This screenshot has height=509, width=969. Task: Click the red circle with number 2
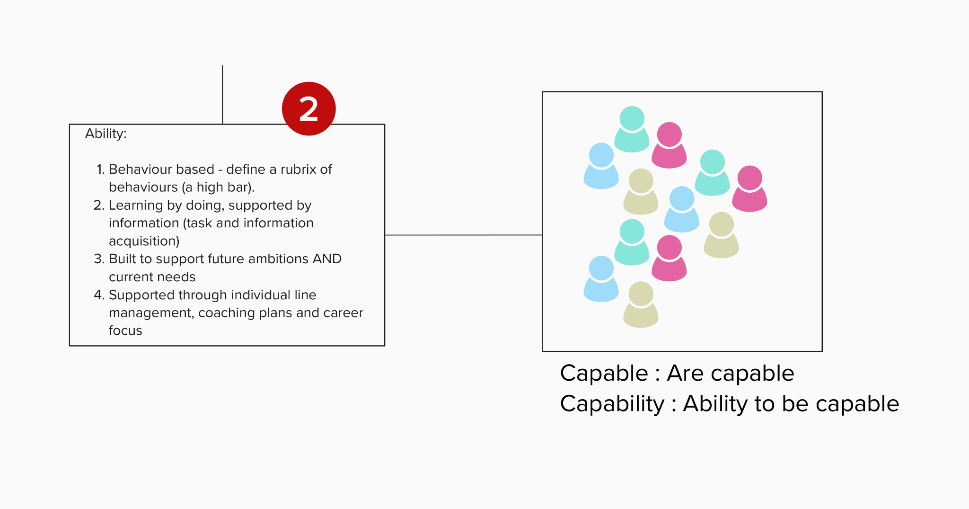pos(308,109)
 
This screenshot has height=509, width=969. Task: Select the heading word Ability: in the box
pos(106,134)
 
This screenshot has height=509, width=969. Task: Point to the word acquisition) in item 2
pos(144,241)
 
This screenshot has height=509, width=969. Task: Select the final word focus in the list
pos(125,330)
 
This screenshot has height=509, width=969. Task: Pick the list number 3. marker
pos(98,259)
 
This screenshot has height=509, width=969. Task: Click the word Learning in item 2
pos(135,205)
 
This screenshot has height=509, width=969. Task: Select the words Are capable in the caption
pos(730,374)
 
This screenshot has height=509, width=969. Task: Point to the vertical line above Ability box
pos(222,95)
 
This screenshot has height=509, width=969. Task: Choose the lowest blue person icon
pos(601,280)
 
